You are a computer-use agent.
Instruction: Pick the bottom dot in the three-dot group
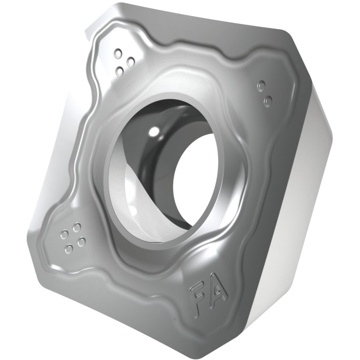[120, 72]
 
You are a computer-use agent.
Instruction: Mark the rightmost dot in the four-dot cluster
[81, 242]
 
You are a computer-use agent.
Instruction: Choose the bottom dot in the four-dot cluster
[69, 250]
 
